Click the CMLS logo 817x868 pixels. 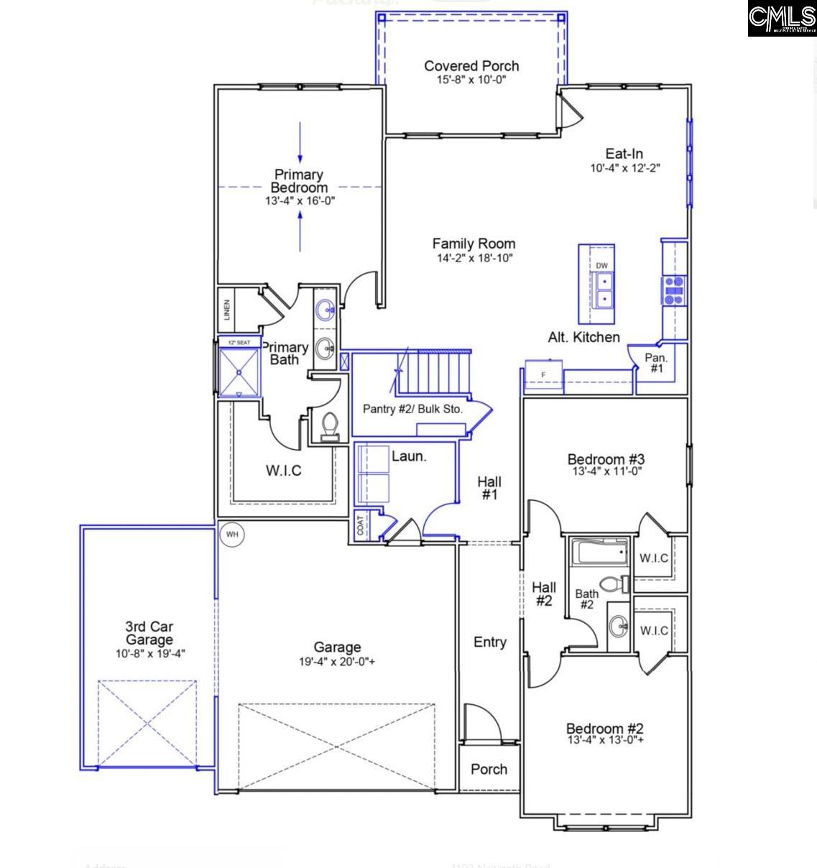[781, 19]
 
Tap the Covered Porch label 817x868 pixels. [471, 66]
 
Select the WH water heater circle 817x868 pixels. [231, 535]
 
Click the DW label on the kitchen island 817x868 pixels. [601, 266]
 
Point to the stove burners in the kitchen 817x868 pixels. [674, 291]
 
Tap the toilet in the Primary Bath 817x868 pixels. [330, 425]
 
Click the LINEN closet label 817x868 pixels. [227, 310]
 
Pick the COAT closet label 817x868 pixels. [360, 526]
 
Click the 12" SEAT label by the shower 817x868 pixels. [239, 343]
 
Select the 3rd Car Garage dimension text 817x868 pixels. [150, 654]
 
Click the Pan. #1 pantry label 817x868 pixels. [656, 363]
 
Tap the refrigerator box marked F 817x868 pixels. [543, 375]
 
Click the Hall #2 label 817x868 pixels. [544, 594]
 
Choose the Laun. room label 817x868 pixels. [409, 456]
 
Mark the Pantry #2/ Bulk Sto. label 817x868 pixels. [412, 409]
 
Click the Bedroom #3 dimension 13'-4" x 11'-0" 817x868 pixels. [606, 472]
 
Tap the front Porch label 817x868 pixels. [489, 770]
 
